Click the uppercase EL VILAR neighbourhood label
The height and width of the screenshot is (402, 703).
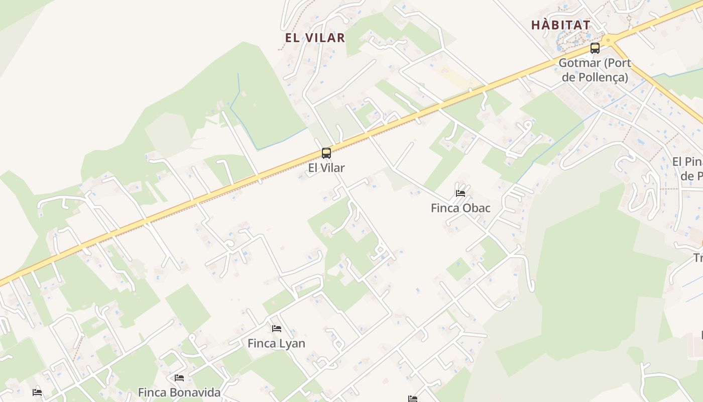point(315,38)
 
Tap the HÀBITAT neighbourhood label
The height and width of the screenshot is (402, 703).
point(560,25)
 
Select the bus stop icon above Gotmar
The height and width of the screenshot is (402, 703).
point(595,49)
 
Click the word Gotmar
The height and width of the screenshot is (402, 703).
point(579,63)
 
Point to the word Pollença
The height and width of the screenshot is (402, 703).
point(606,77)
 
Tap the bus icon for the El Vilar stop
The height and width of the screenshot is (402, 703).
point(326,153)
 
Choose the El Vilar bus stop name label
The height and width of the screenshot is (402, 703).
point(326,168)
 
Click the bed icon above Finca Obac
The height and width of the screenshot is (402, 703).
point(460,193)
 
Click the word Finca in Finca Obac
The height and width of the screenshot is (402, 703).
point(445,208)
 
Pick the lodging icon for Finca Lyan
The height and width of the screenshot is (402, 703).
point(276,329)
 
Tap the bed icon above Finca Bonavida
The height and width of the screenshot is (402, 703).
point(179,378)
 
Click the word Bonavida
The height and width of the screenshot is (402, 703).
point(195,392)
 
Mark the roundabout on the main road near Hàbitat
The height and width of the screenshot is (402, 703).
point(608,40)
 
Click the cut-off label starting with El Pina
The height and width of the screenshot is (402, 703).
point(687,162)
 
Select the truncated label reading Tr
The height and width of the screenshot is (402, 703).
point(697,258)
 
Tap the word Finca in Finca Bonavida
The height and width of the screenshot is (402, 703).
point(153,392)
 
